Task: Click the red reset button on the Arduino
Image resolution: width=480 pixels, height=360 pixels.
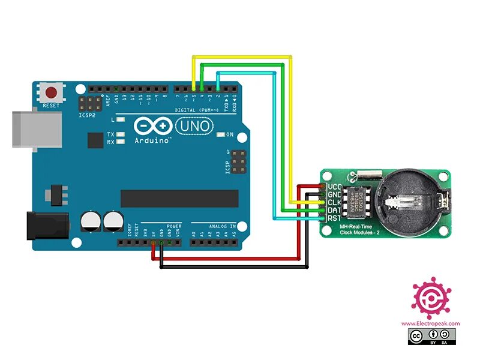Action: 52,93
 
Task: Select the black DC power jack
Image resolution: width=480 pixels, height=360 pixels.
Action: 45,227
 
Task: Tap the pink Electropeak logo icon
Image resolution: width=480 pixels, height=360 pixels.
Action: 431,298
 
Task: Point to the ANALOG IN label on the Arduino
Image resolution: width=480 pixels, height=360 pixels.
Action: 222,226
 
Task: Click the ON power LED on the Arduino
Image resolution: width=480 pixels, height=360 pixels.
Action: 229,134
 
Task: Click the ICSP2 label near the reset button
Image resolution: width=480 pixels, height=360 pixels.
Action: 86,114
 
